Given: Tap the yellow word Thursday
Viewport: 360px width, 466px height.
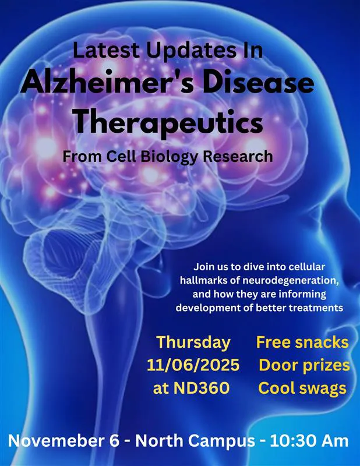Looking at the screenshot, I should coord(193,342).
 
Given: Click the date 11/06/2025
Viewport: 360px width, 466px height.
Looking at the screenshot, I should coord(193,365).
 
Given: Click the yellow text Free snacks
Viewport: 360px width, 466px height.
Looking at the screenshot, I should coord(302,342).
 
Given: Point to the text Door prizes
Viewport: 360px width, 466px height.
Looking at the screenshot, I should coord(304,365).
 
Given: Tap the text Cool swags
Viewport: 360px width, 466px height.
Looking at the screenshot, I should coord(303,388).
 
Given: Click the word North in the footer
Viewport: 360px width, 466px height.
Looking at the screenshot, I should coord(158,440).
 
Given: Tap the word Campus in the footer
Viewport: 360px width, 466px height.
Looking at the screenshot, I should coord(221,440).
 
